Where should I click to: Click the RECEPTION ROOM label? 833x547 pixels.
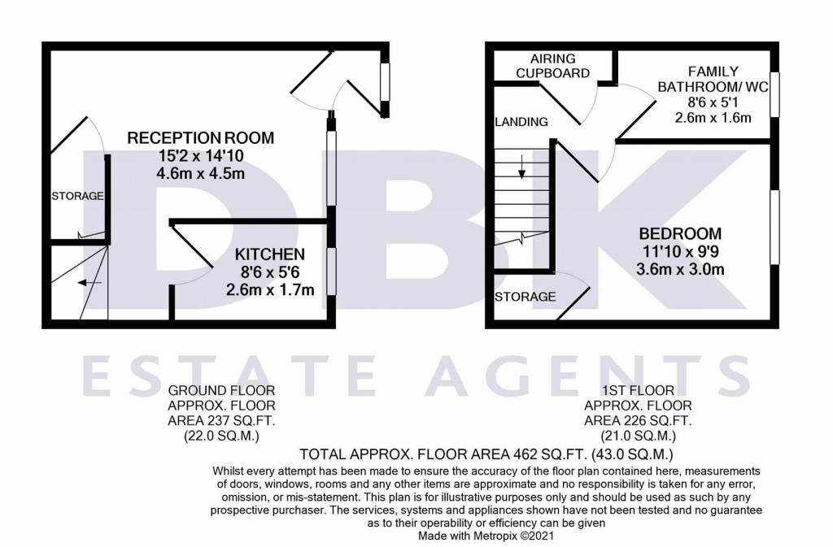[x=201, y=138]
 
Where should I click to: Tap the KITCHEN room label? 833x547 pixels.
[x=270, y=254]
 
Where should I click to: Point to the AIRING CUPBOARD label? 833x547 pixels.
[x=552, y=66]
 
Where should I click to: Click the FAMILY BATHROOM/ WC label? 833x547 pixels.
[x=713, y=79]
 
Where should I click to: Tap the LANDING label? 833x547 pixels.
[x=521, y=122]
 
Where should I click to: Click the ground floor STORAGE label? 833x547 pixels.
[x=77, y=197]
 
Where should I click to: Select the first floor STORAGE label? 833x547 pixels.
[x=525, y=297]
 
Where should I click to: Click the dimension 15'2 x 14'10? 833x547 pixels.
[x=201, y=155]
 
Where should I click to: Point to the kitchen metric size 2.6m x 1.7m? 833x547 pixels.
[x=270, y=289]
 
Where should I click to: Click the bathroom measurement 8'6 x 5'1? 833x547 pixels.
[x=713, y=102]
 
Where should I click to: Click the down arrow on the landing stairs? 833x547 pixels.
[x=521, y=167]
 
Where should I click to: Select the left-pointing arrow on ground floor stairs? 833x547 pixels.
[x=89, y=283]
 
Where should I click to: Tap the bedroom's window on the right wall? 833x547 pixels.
[x=775, y=227]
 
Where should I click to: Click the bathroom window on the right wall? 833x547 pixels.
[x=775, y=94]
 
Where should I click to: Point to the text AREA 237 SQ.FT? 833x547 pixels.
[x=221, y=421]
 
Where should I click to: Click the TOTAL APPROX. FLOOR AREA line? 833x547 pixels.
[x=486, y=454]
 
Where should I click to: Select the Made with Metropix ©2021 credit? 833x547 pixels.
[x=486, y=536]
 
